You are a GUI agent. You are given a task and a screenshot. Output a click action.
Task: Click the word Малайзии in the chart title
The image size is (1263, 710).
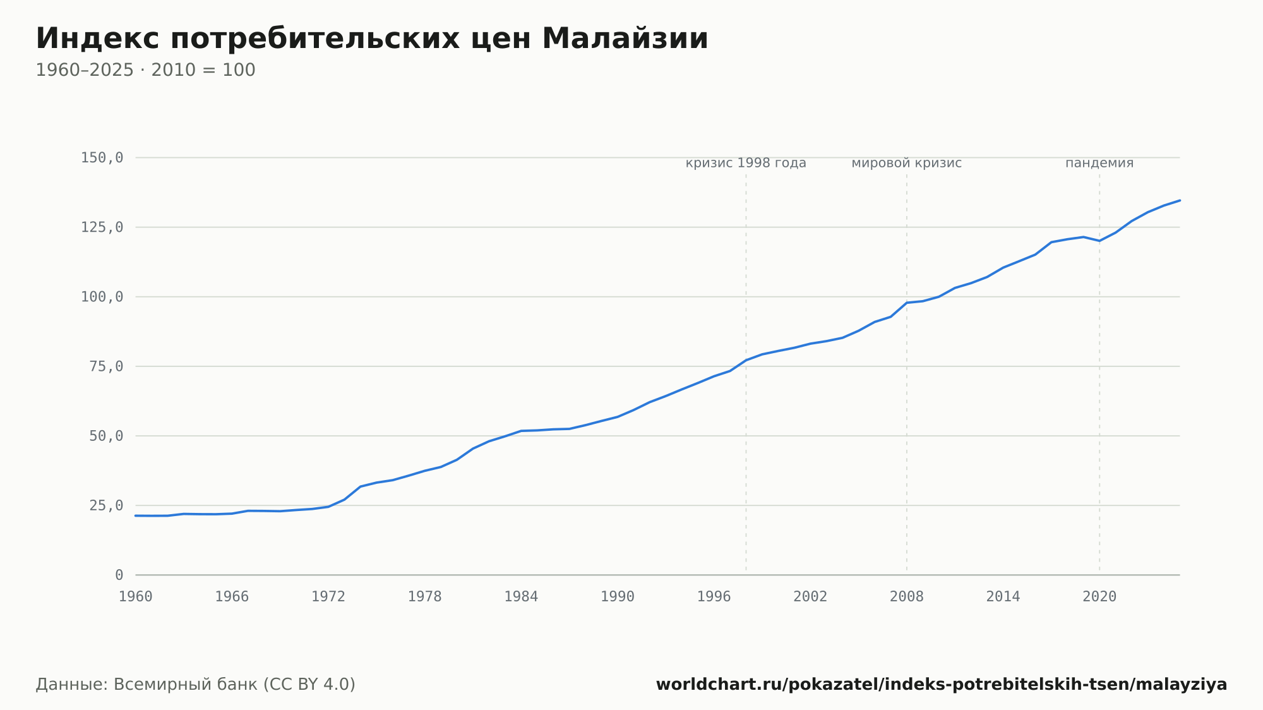pos(625,39)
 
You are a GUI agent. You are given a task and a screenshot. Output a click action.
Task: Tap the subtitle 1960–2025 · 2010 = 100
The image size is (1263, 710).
pos(145,70)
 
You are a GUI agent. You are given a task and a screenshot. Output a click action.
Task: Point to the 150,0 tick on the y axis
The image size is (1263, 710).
pos(102,158)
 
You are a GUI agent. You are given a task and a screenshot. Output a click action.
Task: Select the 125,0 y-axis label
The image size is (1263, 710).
pos(102,227)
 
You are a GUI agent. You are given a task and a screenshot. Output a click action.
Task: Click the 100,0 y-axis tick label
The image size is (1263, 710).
pos(102,297)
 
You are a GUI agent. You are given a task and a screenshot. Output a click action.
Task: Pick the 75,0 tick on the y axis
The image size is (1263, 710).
pos(106,366)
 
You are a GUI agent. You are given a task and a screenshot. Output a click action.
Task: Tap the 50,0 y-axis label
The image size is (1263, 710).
pos(106,436)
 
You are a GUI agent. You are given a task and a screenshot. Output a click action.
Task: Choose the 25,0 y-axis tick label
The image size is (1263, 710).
pos(106,505)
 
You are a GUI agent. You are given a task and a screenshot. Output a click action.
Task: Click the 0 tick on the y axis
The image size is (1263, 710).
pos(119,575)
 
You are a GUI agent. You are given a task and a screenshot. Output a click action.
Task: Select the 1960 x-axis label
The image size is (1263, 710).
pos(136,597)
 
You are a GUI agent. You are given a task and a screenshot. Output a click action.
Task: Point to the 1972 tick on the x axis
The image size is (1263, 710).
pos(328,597)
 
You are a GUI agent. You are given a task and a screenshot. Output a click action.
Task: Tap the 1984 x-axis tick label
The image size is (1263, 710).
pos(521,597)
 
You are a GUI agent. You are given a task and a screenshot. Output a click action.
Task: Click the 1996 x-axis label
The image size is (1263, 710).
pos(714,597)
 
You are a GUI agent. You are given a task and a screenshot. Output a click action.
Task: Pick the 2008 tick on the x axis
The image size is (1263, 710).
pos(907,597)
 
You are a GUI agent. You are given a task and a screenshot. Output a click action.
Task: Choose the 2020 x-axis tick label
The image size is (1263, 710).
pos(1099,597)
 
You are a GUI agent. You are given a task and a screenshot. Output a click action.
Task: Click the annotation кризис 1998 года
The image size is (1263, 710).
pos(746,163)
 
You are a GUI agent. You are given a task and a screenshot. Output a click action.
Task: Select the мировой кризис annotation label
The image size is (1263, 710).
pos(907,163)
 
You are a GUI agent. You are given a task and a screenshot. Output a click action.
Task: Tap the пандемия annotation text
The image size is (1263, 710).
pos(1099,163)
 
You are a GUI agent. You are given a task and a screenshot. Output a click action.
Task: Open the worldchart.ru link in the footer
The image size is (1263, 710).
pos(942,685)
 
